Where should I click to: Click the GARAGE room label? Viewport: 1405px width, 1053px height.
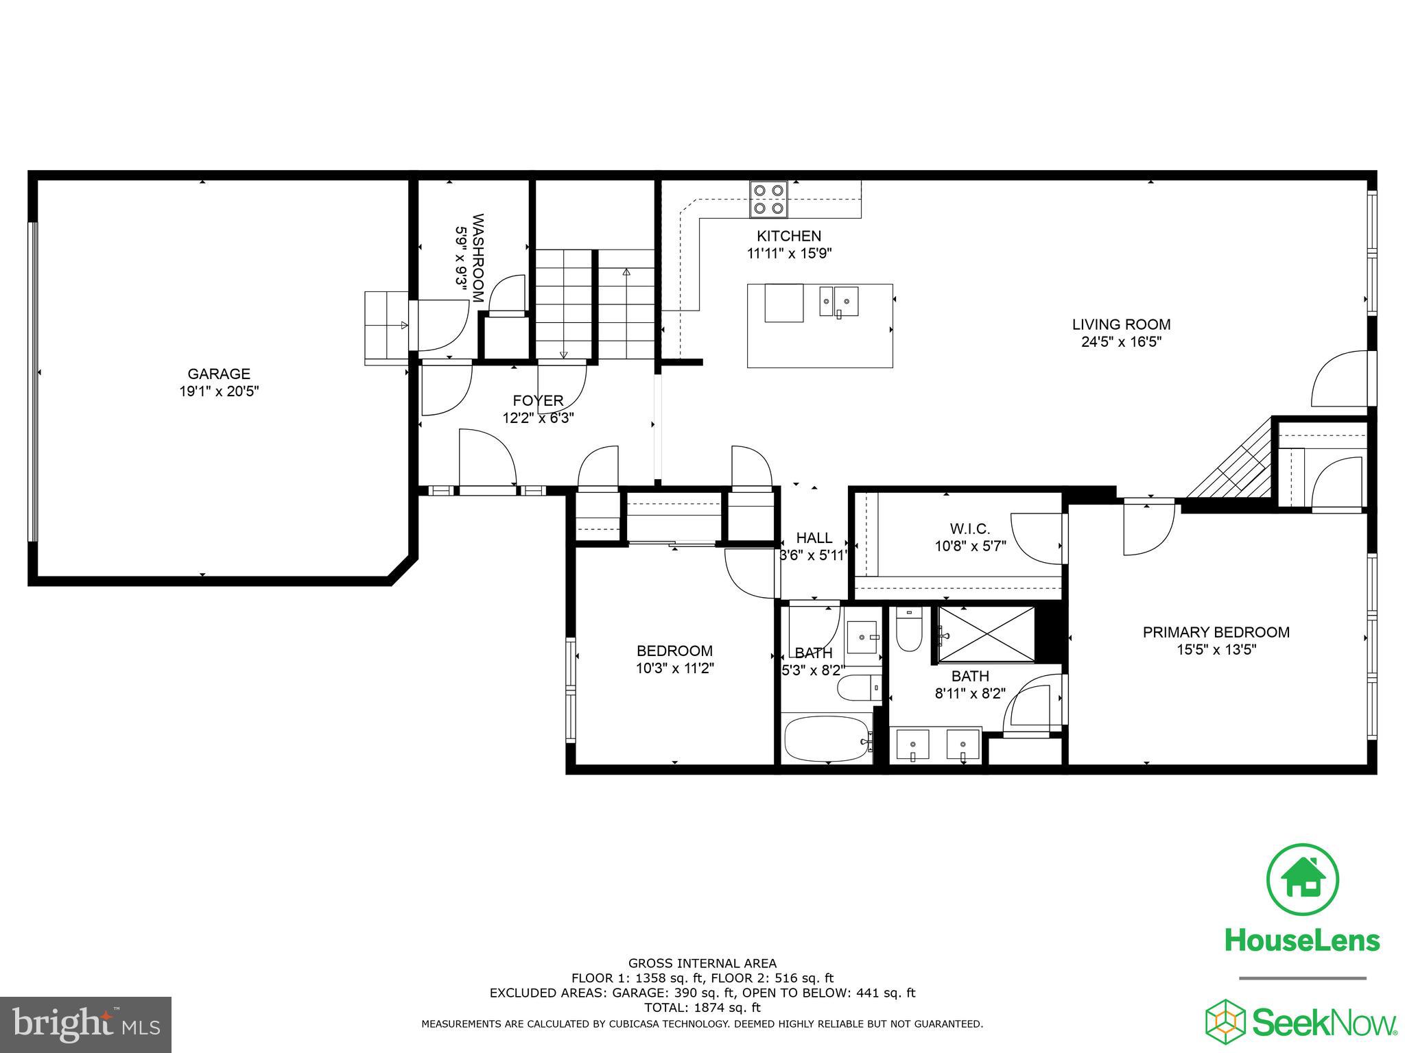click(219, 374)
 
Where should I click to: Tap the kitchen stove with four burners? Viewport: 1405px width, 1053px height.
click(768, 199)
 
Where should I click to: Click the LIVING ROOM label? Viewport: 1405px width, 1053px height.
click(1121, 324)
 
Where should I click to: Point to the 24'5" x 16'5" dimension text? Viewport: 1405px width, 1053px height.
click(1121, 342)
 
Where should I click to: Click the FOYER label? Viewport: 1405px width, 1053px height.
click(538, 400)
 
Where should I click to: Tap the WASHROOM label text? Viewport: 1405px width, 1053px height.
click(479, 258)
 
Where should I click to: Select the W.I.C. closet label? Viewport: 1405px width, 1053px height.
click(969, 529)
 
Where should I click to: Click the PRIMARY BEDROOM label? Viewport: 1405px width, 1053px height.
click(1216, 632)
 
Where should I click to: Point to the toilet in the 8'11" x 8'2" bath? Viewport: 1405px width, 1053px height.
click(908, 631)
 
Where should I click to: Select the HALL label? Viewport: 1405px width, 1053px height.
click(814, 538)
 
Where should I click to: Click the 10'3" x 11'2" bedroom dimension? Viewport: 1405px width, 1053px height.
click(675, 668)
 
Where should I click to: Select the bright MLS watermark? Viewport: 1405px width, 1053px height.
click(86, 1024)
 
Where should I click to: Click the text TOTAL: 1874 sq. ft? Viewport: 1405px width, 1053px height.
click(702, 1008)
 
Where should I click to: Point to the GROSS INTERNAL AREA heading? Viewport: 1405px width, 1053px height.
click(702, 963)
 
